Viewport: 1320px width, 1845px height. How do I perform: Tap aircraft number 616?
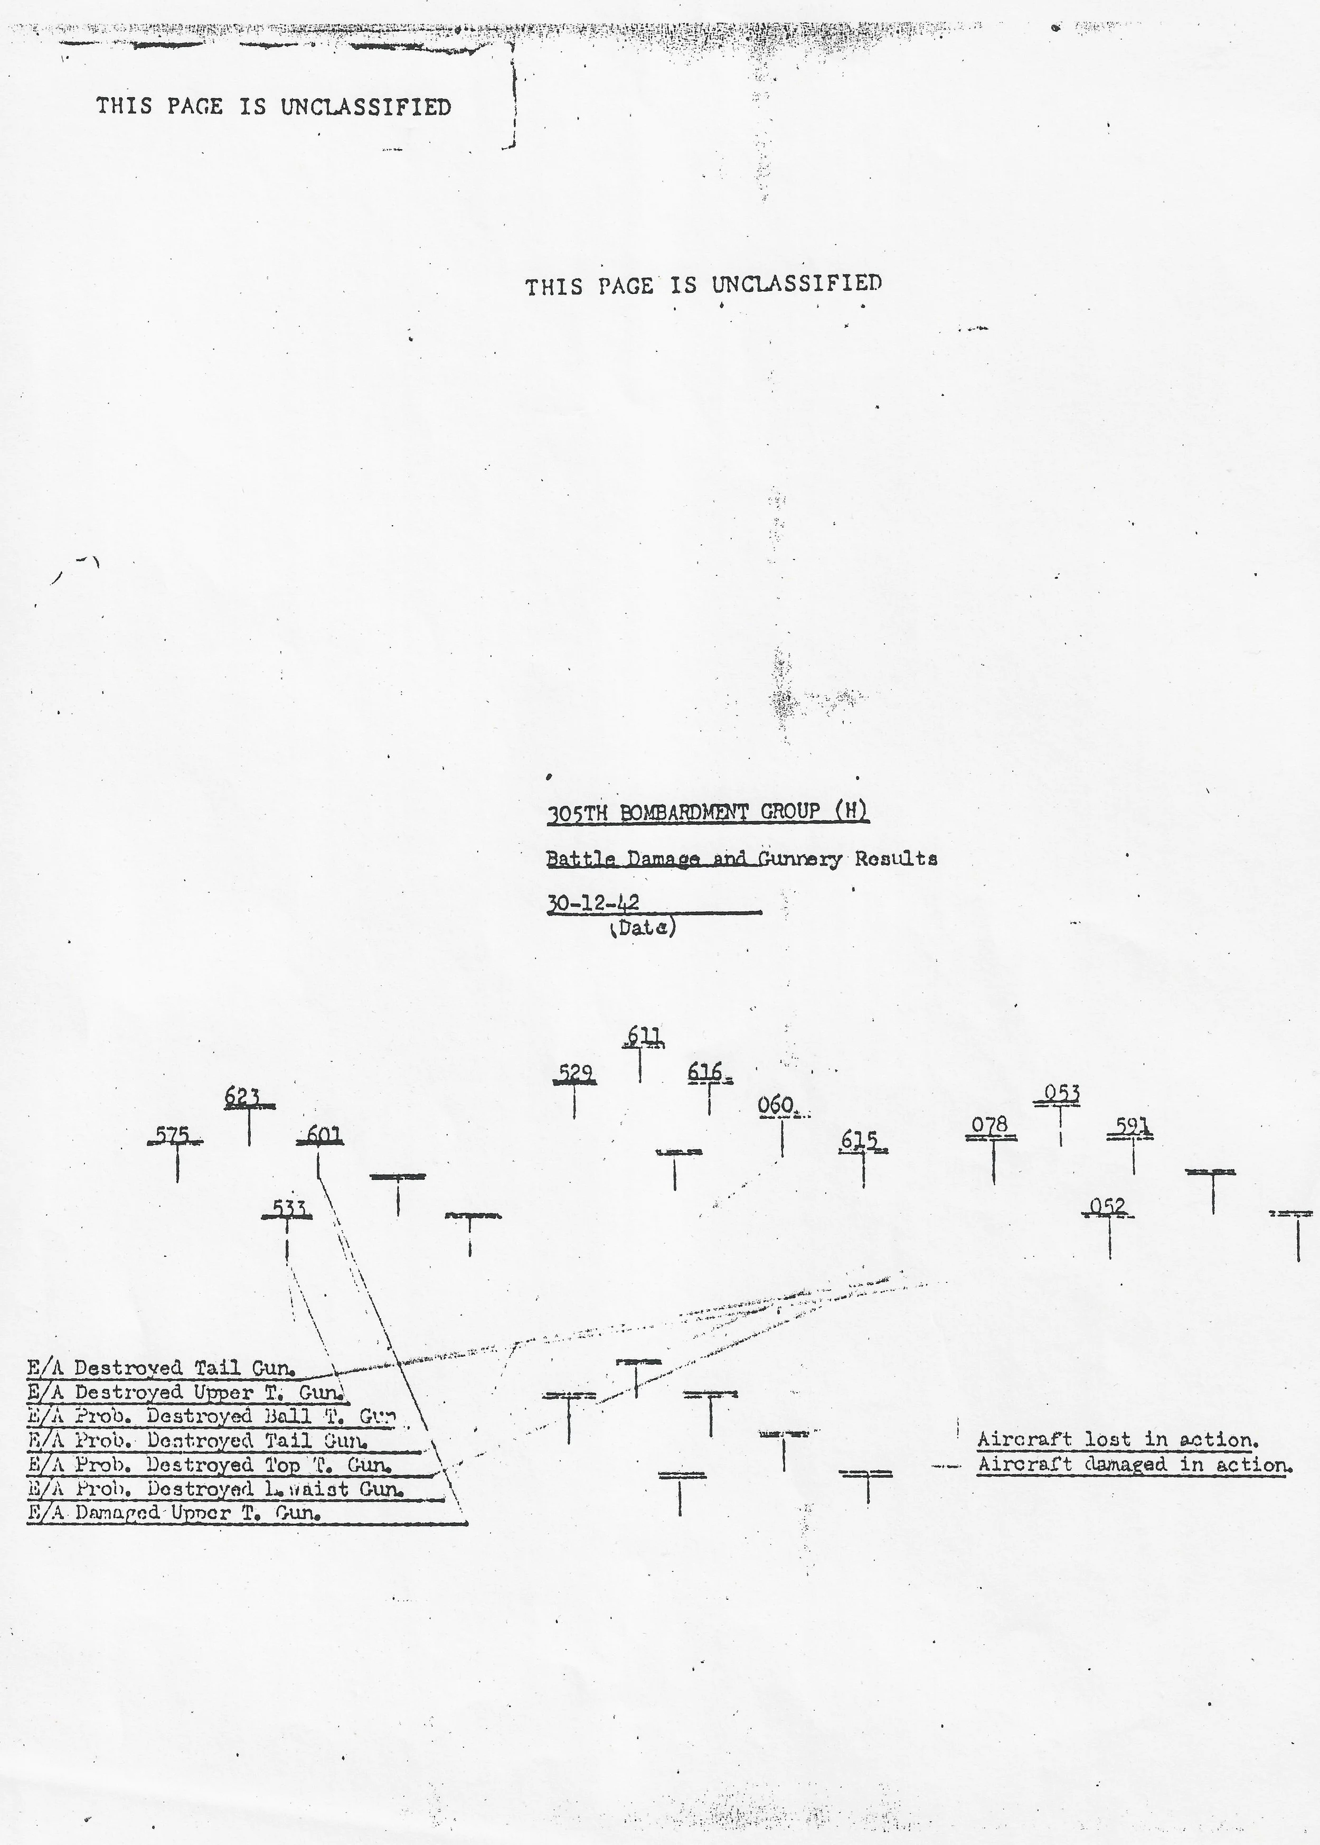(x=705, y=1073)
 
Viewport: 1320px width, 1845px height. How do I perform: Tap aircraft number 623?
(x=243, y=1098)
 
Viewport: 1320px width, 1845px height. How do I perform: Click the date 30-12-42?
(x=593, y=902)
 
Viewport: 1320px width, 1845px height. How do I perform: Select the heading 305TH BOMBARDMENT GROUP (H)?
(x=707, y=812)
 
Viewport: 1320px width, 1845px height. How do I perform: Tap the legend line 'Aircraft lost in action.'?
(x=1118, y=1439)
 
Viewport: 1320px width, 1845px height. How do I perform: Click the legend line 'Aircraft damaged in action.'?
(x=1132, y=1465)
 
